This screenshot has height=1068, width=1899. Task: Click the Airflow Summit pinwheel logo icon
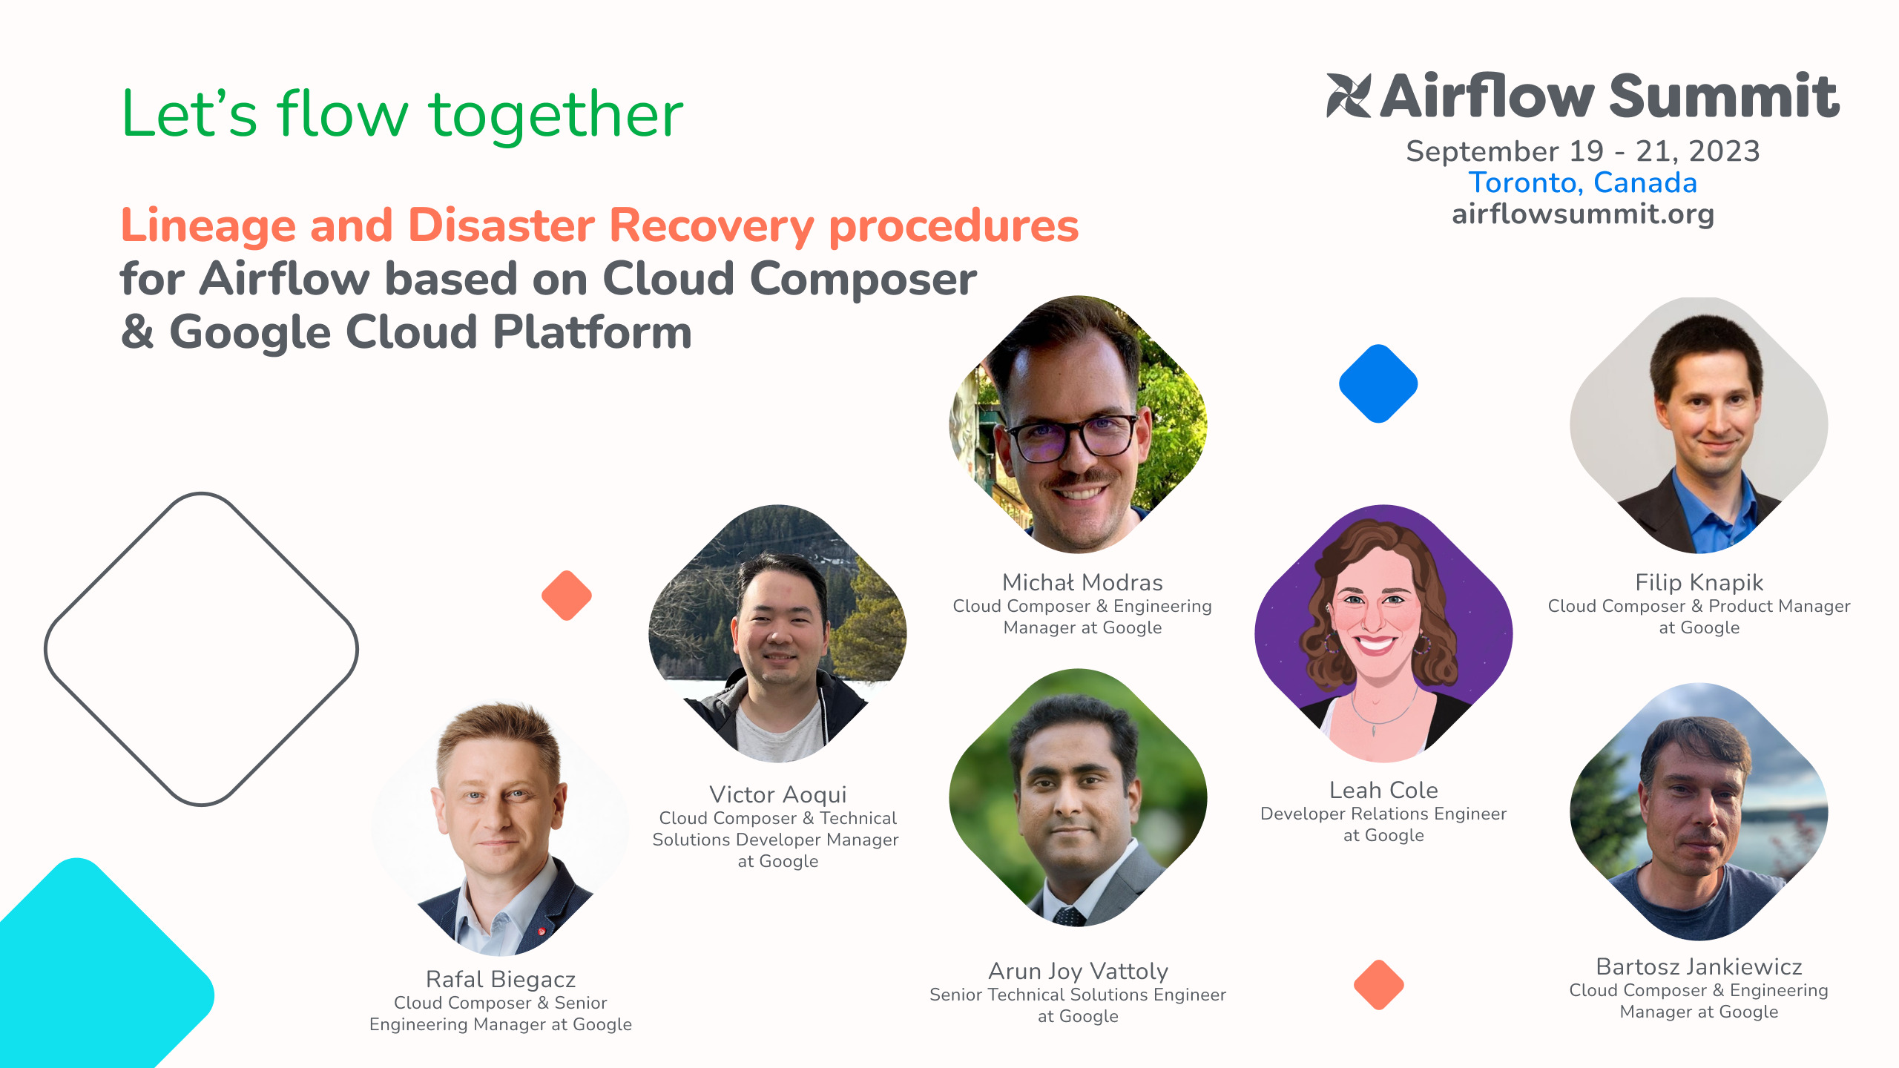pyautogui.click(x=1349, y=96)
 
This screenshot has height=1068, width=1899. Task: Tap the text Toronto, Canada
pyautogui.click(x=1583, y=182)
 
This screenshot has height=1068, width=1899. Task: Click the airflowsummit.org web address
pyautogui.click(x=1583, y=214)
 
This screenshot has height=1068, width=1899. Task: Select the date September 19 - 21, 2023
pyautogui.click(x=1583, y=151)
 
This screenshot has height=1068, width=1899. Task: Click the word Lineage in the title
pyautogui.click(x=208, y=225)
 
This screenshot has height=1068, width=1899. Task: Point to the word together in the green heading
pyautogui.click(x=556, y=115)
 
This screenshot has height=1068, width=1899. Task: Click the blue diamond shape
pyautogui.click(x=1378, y=383)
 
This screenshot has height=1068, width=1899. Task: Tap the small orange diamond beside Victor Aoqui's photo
pyautogui.click(x=567, y=596)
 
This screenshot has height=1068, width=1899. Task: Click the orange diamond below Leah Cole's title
pyautogui.click(x=1379, y=985)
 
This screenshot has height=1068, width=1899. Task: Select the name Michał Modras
pyautogui.click(x=1082, y=582)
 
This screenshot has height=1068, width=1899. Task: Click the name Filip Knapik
pyautogui.click(x=1699, y=582)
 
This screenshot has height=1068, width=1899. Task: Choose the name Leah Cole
pyautogui.click(x=1383, y=790)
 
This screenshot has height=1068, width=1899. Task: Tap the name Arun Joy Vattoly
pyautogui.click(x=1078, y=971)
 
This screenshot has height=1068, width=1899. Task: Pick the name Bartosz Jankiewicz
pyautogui.click(x=1699, y=966)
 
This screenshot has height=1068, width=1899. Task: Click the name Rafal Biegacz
pyautogui.click(x=501, y=979)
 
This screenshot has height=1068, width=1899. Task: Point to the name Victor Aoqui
pyautogui.click(x=777, y=794)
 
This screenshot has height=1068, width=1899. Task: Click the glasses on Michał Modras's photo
pyautogui.click(x=1072, y=438)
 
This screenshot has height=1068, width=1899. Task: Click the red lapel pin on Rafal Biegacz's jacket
pyautogui.click(x=542, y=931)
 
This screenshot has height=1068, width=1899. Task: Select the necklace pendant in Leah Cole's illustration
pyautogui.click(x=1374, y=730)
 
